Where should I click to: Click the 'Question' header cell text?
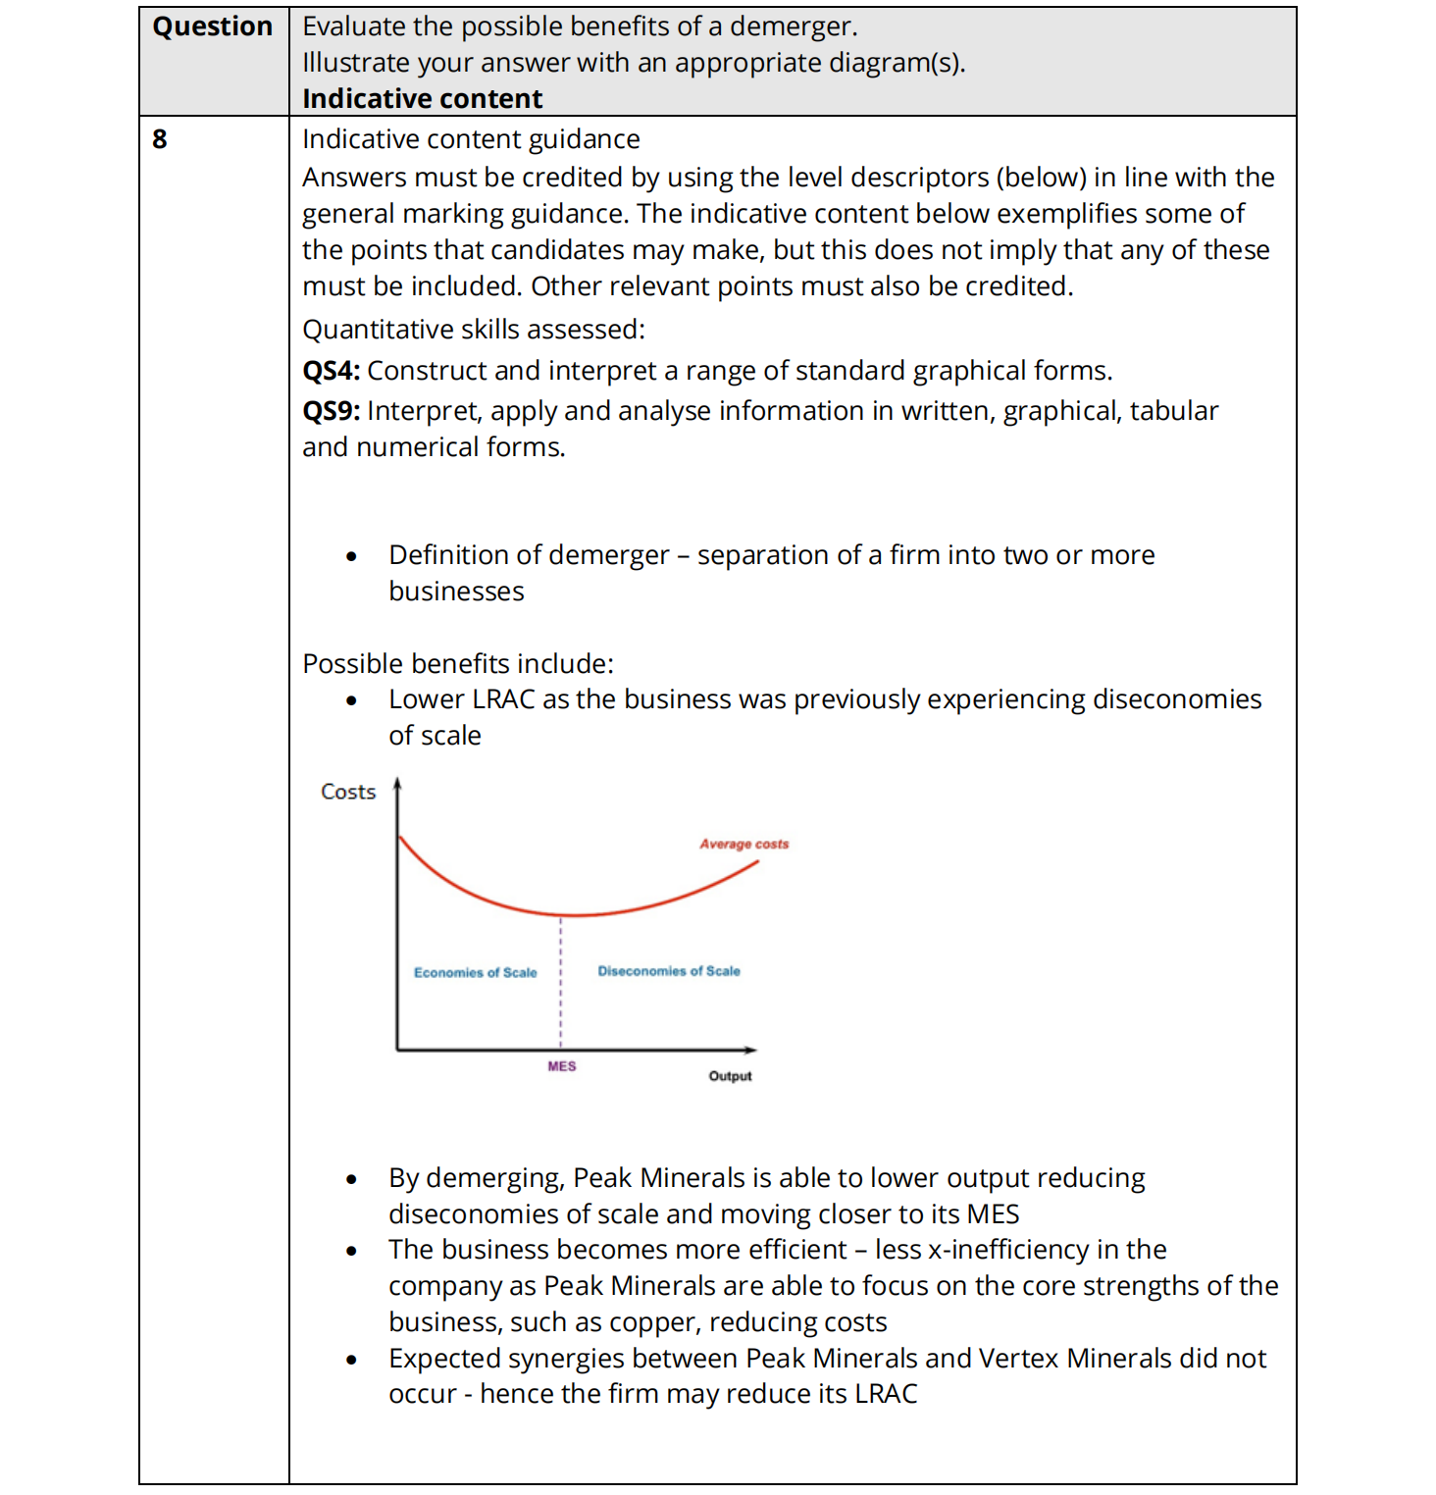[x=212, y=26]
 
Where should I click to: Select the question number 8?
[x=160, y=139]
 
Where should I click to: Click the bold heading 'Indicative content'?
[x=422, y=98]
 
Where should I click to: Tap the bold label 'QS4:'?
[x=331, y=371]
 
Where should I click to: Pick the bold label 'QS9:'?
[x=331, y=411]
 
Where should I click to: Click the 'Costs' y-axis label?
[x=348, y=792]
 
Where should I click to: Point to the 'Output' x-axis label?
[x=730, y=1076]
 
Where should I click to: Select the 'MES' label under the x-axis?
[x=562, y=1066]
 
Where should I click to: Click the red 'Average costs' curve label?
[x=744, y=844]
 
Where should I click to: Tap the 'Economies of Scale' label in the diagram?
[x=475, y=972]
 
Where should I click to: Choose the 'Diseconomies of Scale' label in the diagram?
[x=669, y=971]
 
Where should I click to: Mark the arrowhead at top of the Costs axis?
[x=397, y=783]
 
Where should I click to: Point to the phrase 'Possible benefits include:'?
[x=457, y=664]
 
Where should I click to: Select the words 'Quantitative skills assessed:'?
[x=473, y=330]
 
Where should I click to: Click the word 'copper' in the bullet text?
[x=653, y=1322]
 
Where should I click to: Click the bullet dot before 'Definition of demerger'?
[x=351, y=557]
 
